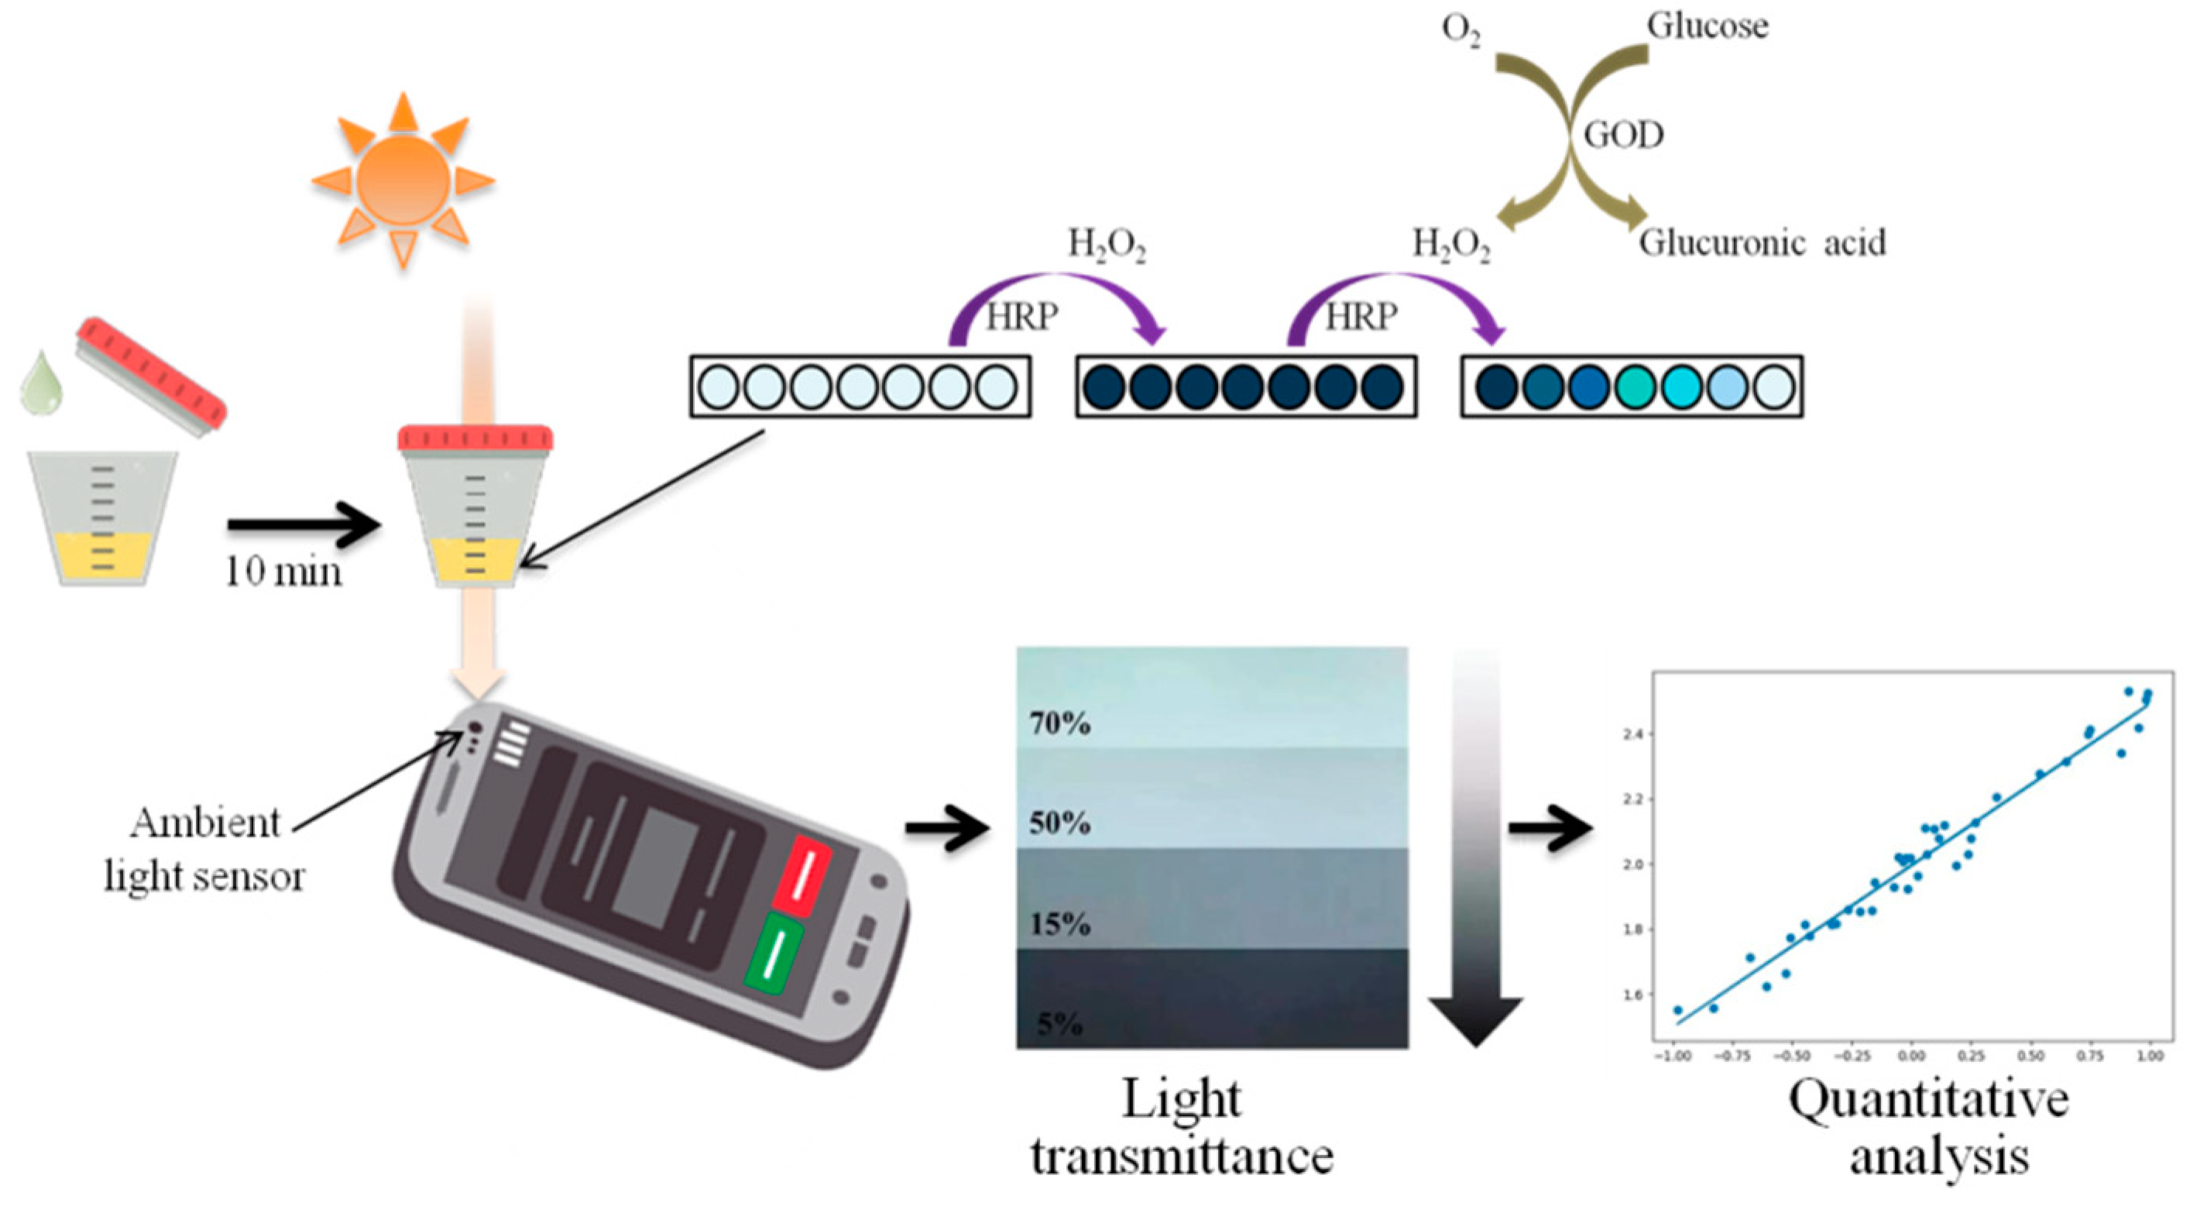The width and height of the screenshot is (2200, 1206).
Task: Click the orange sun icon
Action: coord(403,181)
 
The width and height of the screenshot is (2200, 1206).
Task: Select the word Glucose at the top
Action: coord(1707,26)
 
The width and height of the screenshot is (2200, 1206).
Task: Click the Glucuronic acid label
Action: coord(1761,243)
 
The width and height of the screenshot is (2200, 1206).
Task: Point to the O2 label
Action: coord(1460,30)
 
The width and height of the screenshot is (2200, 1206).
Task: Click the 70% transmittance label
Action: coord(1060,723)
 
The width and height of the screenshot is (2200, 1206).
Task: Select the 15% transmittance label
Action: coord(1060,924)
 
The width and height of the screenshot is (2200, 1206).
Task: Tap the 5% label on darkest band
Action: coord(1060,1023)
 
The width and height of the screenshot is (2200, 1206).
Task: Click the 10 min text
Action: coord(283,572)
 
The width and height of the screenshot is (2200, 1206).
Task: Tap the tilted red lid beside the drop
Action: coord(151,376)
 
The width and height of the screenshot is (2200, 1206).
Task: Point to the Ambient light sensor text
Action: coord(205,850)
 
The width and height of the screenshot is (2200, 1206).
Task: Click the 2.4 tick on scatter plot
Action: coord(1632,734)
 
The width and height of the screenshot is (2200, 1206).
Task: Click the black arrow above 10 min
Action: coord(304,524)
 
